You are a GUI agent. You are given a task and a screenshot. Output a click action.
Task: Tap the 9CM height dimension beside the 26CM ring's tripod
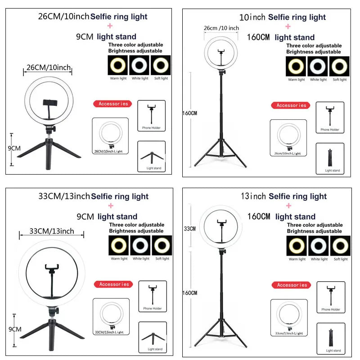click(14, 148)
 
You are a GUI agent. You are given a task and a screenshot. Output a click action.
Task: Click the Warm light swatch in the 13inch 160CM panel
click(296, 246)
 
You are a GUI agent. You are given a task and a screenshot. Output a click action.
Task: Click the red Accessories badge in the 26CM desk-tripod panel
click(113, 104)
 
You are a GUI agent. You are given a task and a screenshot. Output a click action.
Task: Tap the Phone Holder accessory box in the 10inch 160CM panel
click(329, 117)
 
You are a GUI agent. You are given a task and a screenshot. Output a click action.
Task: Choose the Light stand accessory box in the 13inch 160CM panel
click(330, 338)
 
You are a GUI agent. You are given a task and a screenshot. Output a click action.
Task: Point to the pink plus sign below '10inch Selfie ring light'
click(288, 27)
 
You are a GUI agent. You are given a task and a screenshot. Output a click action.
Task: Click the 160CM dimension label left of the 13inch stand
click(189, 293)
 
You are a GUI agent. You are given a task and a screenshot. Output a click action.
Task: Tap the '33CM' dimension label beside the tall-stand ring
click(189, 229)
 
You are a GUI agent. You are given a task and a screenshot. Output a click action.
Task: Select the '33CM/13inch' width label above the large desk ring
click(51, 231)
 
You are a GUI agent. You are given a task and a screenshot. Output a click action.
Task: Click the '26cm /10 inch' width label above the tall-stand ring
click(221, 28)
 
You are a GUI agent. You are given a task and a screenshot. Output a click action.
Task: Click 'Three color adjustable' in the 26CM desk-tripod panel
click(135, 45)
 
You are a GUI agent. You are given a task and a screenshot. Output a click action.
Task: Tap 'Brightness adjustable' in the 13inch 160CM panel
click(315, 231)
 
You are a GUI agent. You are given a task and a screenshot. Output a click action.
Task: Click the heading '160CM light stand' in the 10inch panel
click(281, 37)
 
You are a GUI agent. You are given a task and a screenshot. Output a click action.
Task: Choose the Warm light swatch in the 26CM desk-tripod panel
click(117, 65)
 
